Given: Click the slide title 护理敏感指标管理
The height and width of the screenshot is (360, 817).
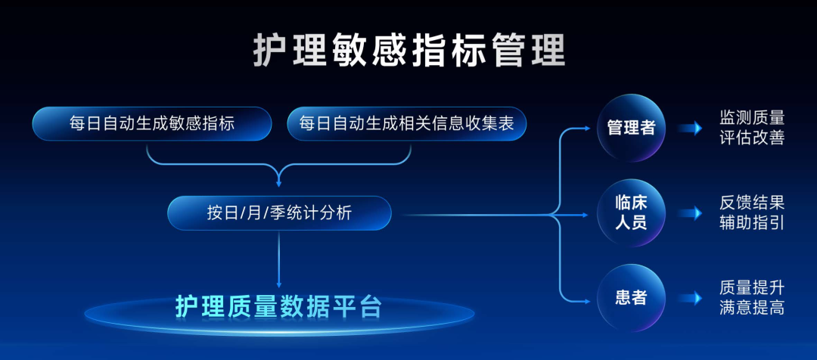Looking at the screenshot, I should (408, 51).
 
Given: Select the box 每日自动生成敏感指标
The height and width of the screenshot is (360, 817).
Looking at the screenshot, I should (152, 124).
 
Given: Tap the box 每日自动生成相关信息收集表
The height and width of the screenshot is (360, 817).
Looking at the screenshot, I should (406, 124).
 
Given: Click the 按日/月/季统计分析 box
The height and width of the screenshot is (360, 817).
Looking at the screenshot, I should (279, 213).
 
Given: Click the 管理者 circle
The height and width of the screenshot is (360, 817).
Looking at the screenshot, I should (631, 128).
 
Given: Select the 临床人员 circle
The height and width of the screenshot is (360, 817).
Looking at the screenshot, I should (631, 213).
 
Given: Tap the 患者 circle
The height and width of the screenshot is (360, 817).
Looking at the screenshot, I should (631, 298).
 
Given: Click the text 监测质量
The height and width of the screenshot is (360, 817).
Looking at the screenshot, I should (752, 118).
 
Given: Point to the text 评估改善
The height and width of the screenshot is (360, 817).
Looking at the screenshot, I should (752, 138).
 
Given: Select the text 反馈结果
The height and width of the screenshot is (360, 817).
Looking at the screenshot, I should (752, 203).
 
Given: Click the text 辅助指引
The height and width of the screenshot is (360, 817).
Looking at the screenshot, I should (752, 223).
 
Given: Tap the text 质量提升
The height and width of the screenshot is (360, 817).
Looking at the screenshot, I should (752, 288).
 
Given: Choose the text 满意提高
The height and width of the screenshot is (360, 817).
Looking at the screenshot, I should (752, 309).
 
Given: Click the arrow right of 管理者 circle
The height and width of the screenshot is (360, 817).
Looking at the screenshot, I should (691, 128).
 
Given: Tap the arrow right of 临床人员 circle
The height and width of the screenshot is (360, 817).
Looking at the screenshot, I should (691, 213).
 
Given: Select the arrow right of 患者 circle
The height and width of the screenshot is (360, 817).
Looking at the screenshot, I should (691, 298).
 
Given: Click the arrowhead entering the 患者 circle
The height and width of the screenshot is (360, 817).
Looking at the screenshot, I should (587, 298).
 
